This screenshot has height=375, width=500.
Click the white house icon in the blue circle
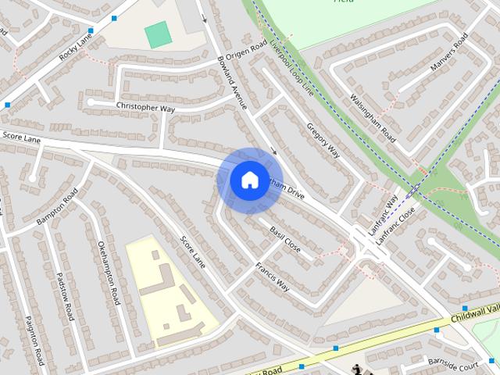tap(248, 180)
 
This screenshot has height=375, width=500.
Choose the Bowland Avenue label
tap(232, 81)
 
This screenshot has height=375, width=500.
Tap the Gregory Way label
tap(323, 139)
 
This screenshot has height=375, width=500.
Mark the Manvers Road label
tap(448, 55)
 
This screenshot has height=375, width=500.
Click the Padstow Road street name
tap(66, 296)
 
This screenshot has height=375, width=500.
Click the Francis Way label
tap(273, 276)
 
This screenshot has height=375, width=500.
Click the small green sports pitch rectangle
tap(158, 34)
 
